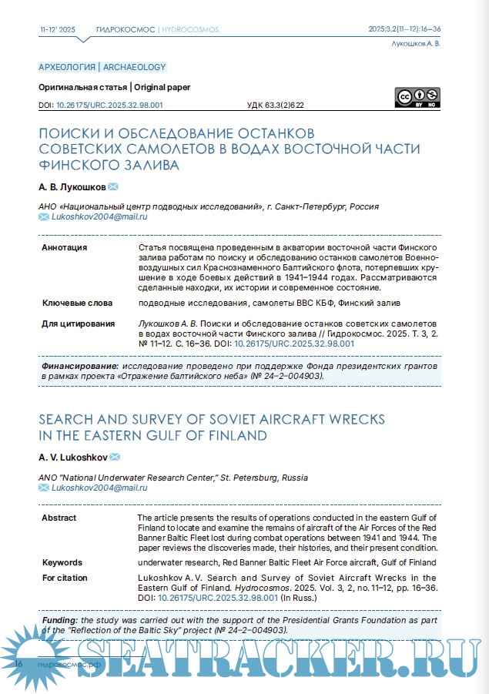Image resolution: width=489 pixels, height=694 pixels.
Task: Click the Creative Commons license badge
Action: (417, 97)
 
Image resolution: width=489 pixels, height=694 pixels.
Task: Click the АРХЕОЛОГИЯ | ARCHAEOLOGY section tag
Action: (102, 67)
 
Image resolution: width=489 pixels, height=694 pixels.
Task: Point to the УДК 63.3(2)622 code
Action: (276, 105)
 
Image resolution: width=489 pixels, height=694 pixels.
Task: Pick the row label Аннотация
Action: (64, 247)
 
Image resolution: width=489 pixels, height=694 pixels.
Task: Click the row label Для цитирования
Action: (78, 324)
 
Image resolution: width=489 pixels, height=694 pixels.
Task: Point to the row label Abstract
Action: (59, 517)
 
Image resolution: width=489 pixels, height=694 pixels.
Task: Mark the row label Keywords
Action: (62, 562)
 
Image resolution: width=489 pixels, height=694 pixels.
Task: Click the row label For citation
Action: (65, 578)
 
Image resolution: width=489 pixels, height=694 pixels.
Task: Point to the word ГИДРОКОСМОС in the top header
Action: (126, 29)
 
